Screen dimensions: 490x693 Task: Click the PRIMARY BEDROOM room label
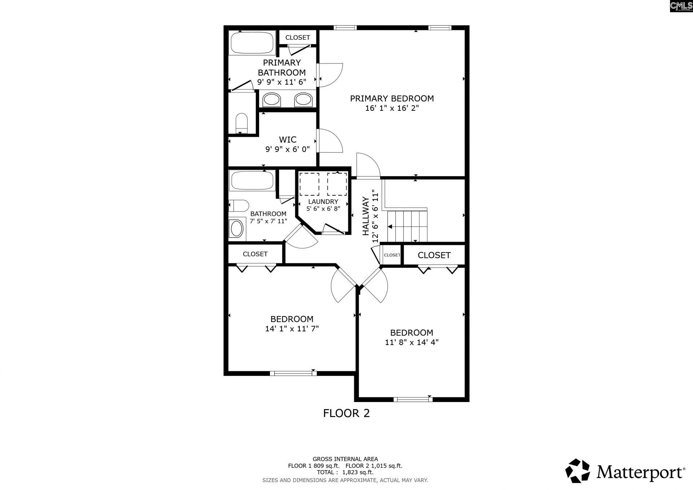click(x=392, y=98)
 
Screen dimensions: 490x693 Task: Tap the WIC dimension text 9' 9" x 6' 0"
click(x=288, y=149)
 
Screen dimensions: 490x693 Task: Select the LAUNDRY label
click(x=323, y=201)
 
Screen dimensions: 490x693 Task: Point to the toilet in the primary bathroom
click(x=241, y=123)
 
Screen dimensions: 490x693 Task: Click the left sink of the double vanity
click(x=271, y=100)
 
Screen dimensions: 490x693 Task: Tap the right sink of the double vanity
click(x=303, y=100)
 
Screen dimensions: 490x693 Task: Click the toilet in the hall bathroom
click(x=239, y=206)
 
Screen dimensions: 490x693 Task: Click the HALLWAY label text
click(x=366, y=216)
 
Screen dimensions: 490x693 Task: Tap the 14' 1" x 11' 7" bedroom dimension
click(x=292, y=329)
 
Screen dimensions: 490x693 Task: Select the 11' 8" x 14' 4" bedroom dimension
click(x=411, y=342)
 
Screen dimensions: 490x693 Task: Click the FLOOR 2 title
click(x=346, y=413)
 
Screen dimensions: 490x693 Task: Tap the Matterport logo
click(x=625, y=471)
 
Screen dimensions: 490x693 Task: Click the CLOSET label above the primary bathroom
click(x=297, y=38)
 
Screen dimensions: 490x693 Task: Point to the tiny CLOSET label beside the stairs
click(x=392, y=255)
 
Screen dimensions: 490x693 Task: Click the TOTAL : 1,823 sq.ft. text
click(x=345, y=472)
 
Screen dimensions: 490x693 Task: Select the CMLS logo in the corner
click(x=681, y=6)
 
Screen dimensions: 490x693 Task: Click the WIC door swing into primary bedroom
click(x=330, y=141)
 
